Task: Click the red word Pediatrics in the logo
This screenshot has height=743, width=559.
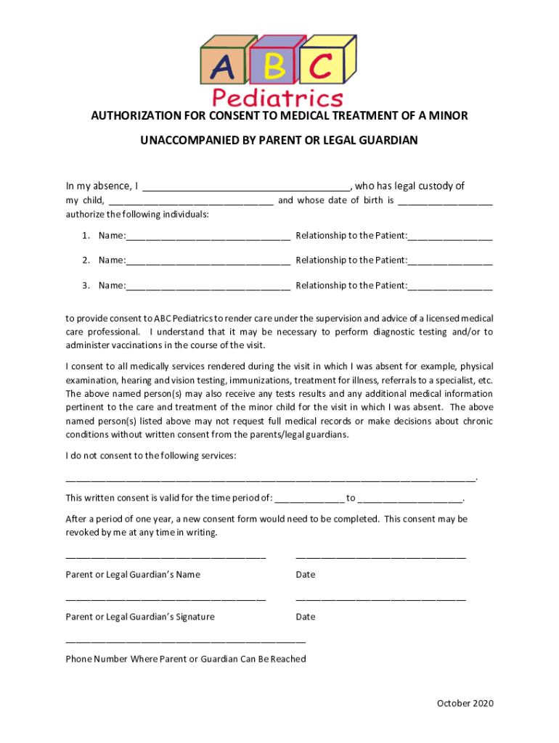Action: [277, 97]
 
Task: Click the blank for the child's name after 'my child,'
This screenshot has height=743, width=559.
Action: [190, 202]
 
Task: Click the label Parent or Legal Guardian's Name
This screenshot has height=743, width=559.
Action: [133, 575]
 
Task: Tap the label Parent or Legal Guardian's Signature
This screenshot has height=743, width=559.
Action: [140, 617]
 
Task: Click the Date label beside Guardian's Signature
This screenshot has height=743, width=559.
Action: [306, 617]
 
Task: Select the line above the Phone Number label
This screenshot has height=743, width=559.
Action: [185, 642]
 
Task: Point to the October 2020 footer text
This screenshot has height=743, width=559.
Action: [465, 703]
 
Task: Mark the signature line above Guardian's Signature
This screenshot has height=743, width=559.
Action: [166, 599]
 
